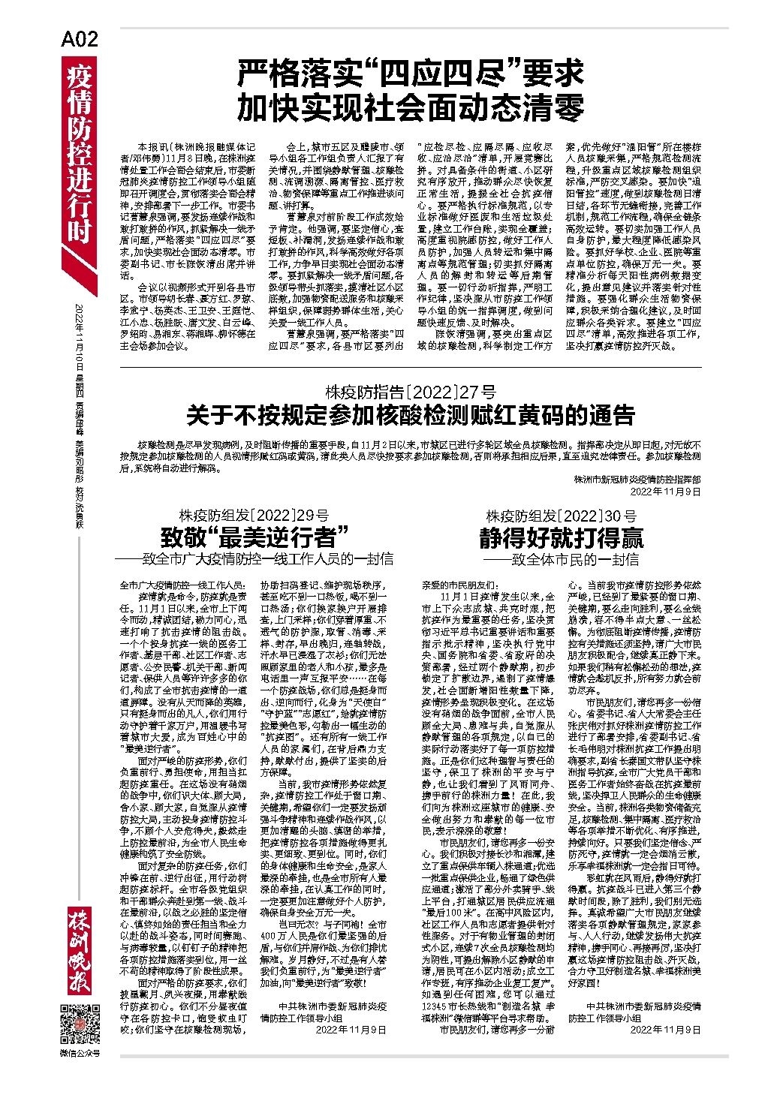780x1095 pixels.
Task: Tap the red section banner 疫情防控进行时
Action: click(x=79, y=154)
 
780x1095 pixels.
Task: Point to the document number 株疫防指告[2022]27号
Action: click(x=410, y=391)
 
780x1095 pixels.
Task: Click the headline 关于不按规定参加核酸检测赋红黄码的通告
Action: click(x=410, y=414)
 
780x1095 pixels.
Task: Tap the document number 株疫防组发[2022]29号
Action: click(x=254, y=516)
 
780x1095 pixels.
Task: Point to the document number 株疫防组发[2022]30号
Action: click(x=561, y=516)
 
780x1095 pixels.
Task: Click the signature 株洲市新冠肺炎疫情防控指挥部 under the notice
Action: click(x=637, y=479)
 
